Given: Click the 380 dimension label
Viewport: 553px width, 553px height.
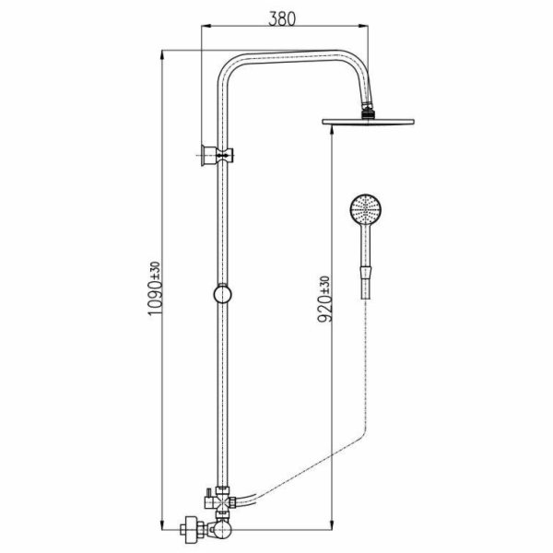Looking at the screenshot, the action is coord(282,18).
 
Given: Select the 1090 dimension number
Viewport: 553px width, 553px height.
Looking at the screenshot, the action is coord(155,298).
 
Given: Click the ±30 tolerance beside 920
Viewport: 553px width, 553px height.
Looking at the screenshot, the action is coord(325,285).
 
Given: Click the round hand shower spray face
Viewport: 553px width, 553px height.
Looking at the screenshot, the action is coord(366,209).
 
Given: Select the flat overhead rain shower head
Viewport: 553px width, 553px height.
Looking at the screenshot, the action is coord(368,122).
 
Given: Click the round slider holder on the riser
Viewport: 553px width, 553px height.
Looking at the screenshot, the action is coord(222,294).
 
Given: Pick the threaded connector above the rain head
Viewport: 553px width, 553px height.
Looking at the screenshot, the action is coord(369,110).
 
